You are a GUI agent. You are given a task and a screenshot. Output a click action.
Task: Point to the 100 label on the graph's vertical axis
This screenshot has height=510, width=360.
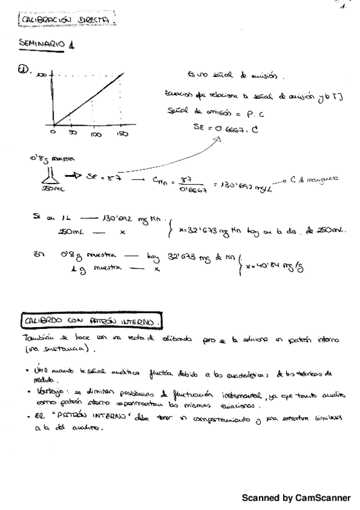(x=41, y=74)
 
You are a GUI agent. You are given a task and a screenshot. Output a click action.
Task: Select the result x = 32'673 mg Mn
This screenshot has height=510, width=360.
(x=206, y=231)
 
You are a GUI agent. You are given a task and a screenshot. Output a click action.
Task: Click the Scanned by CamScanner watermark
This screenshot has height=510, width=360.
(x=296, y=498)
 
